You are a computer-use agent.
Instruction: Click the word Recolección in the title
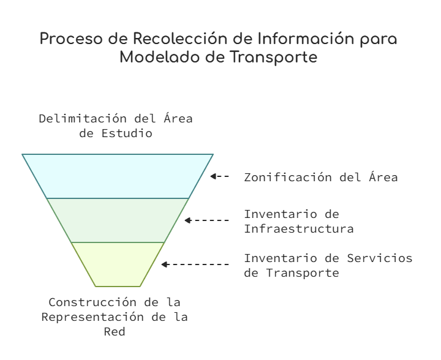coord(180,39)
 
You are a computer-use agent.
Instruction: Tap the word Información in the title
coord(306,39)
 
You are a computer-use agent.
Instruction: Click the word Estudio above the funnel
coord(127,133)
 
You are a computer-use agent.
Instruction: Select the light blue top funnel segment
coord(118,176)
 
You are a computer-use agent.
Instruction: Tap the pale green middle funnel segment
coord(118,220)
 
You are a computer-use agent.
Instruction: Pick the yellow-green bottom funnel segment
coord(118,264)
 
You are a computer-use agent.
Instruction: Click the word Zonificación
coord(288,178)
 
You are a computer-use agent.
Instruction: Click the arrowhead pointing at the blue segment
coord(213,176)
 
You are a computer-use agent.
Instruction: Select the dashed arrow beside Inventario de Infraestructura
coord(207,220)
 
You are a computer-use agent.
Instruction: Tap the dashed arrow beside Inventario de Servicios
coord(195,264)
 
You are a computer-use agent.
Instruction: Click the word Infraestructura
coord(299,229)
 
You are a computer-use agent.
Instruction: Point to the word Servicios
coord(379,258)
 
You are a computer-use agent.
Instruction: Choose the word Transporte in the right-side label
coord(303,273)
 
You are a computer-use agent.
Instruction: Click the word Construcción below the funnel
coord(92,302)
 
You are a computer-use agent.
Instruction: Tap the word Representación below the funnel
coord(92,317)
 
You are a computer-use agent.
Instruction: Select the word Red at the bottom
coord(115,332)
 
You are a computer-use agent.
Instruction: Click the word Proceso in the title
coord(71,39)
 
